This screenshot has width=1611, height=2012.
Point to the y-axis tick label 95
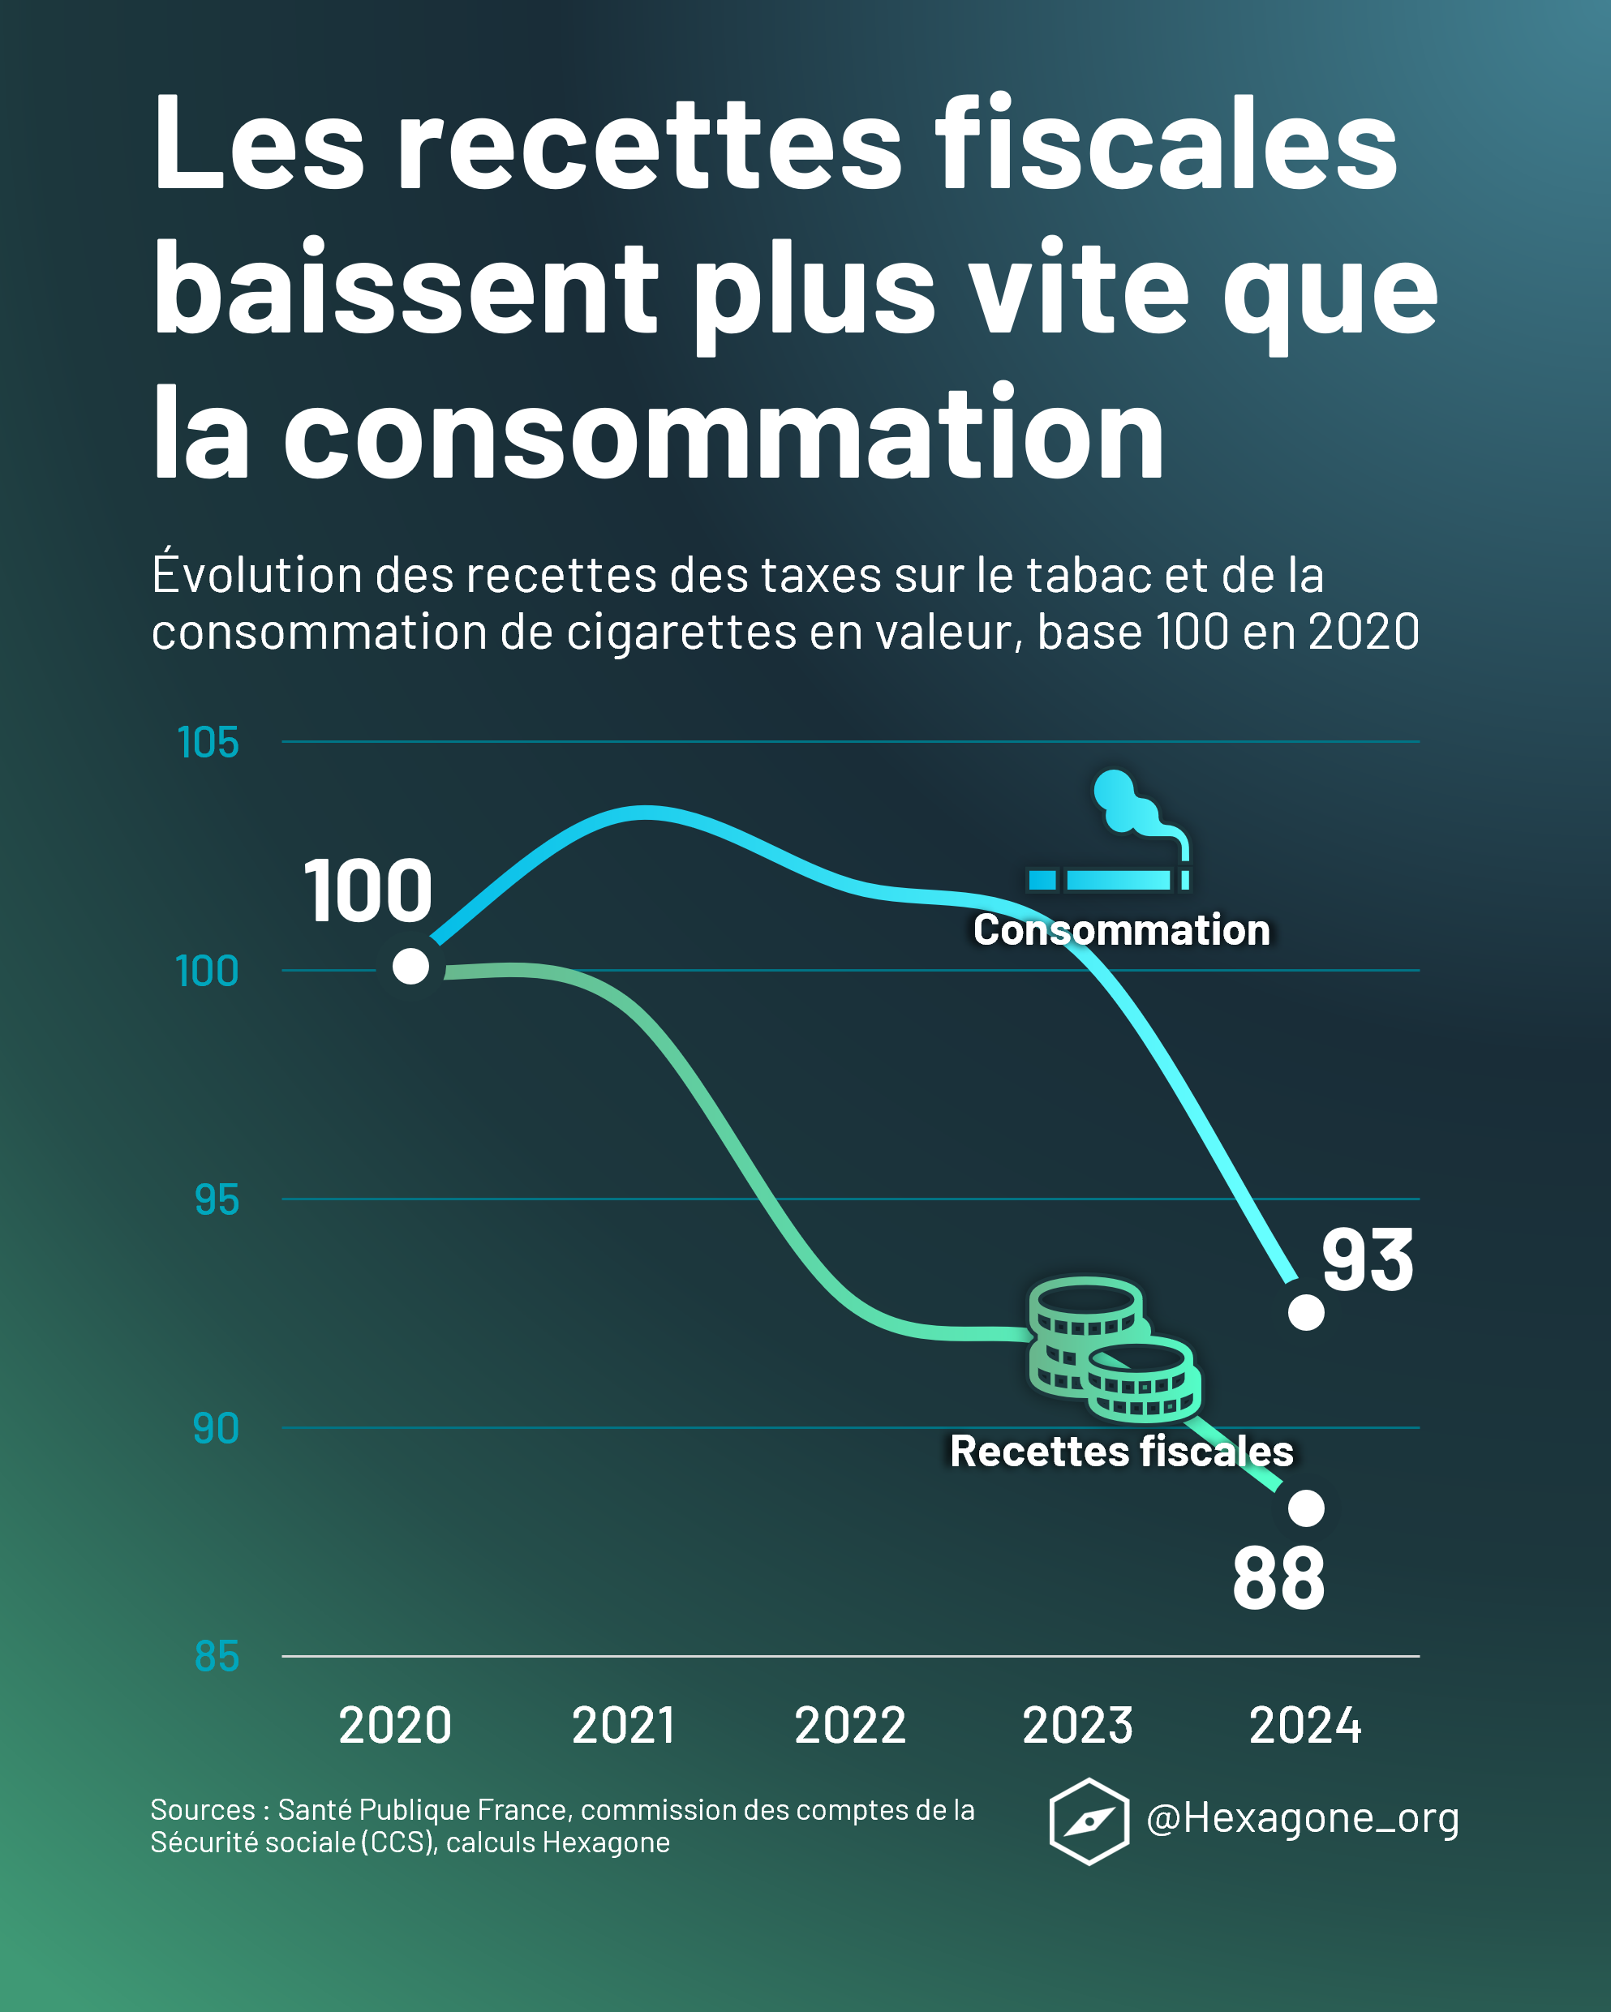click(x=217, y=1200)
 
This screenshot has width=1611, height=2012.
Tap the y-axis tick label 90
click(x=216, y=1429)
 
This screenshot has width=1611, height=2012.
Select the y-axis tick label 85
click(x=217, y=1658)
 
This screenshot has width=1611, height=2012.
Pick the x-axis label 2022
click(x=849, y=1726)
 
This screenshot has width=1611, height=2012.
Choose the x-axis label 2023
click(x=1077, y=1726)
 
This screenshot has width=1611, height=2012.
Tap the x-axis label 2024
click(x=1305, y=1726)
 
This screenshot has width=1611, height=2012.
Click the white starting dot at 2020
click(x=410, y=966)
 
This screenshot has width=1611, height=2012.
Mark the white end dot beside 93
click(x=1306, y=1312)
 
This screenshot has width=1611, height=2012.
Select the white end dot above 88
click(x=1306, y=1508)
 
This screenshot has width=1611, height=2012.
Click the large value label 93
click(x=1368, y=1261)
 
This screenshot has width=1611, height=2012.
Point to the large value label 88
click(x=1278, y=1580)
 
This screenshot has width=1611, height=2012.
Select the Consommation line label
click(x=1121, y=930)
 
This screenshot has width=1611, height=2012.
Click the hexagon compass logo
click(x=1089, y=1821)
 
